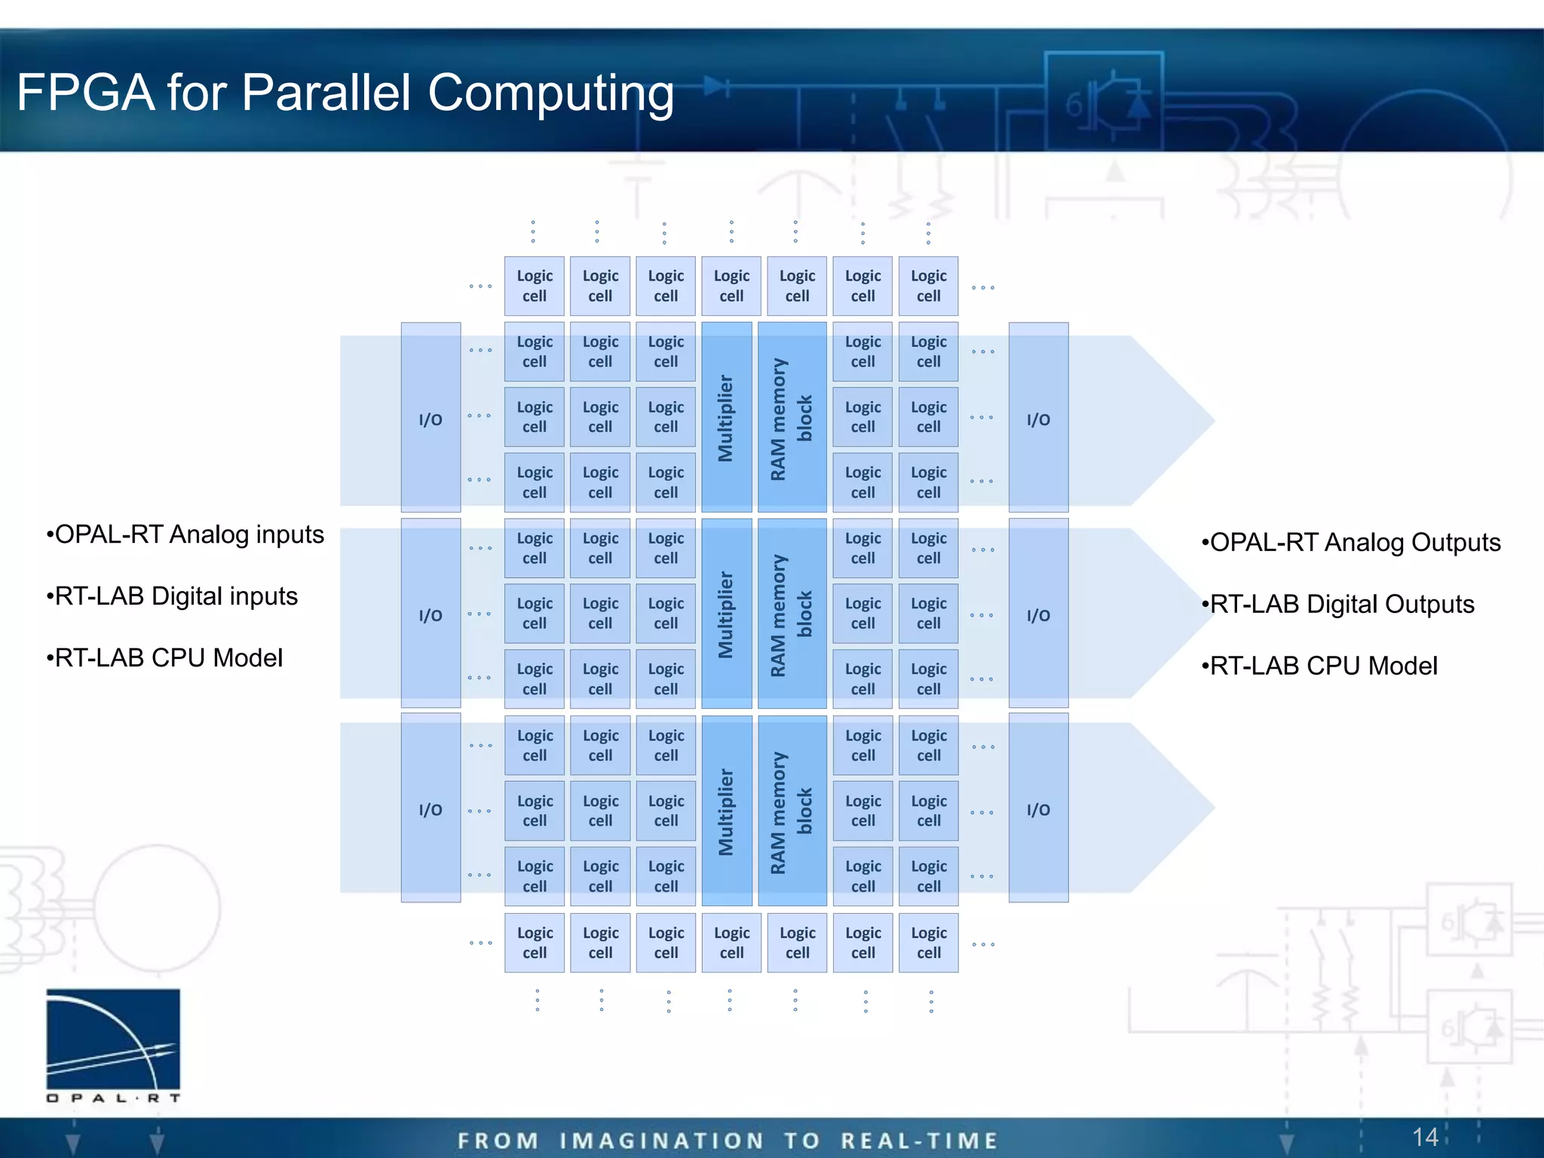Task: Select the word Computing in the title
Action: (x=550, y=94)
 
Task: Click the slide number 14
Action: (x=1424, y=1137)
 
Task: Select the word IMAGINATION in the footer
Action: (x=661, y=1141)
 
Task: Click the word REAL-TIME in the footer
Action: (x=919, y=1141)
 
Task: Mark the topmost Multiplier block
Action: (x=726, y=418)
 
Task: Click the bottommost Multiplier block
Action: (x=726, y=811)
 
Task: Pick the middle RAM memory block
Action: (x=792, y=614)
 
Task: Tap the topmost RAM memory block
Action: (x=792, y=418)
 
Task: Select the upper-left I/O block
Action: (x=430, y=418)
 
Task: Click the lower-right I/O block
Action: (x=1038, y=809)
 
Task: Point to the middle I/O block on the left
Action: (x=430, y=614)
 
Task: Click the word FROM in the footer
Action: (x=498, y=1141)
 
